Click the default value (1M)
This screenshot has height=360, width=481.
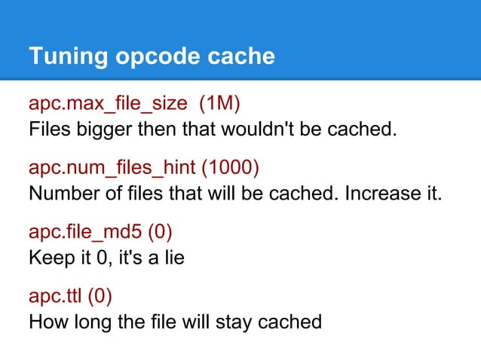[x=225, y=102]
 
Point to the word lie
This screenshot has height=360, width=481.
[x=173, y=258]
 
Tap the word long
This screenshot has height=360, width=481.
[x=90, y=322]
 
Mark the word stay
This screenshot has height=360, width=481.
[x=234, y=322]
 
